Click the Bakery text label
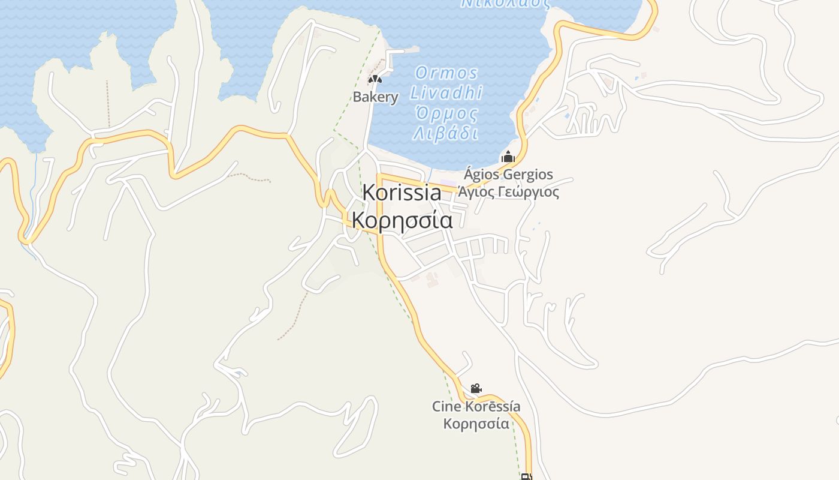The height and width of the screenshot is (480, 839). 375,97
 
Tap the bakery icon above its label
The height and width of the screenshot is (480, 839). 375,79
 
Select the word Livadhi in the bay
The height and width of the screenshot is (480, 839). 446,93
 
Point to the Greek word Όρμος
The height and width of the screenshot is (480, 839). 446,113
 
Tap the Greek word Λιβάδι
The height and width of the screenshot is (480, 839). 446,133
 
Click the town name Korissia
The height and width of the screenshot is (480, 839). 402,193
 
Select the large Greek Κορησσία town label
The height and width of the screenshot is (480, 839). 402,220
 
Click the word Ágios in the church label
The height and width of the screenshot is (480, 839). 482,175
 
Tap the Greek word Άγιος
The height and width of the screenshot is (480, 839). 477,192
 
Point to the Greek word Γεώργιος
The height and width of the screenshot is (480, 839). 530,192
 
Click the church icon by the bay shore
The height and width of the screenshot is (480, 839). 508,157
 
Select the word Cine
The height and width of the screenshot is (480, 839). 446,407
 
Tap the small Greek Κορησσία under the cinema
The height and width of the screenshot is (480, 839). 476,424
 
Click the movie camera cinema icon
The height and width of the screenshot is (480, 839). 476,389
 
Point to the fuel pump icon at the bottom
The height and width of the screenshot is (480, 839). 526,477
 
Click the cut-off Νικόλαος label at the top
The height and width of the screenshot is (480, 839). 505,3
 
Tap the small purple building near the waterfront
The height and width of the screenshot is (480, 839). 448,183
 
